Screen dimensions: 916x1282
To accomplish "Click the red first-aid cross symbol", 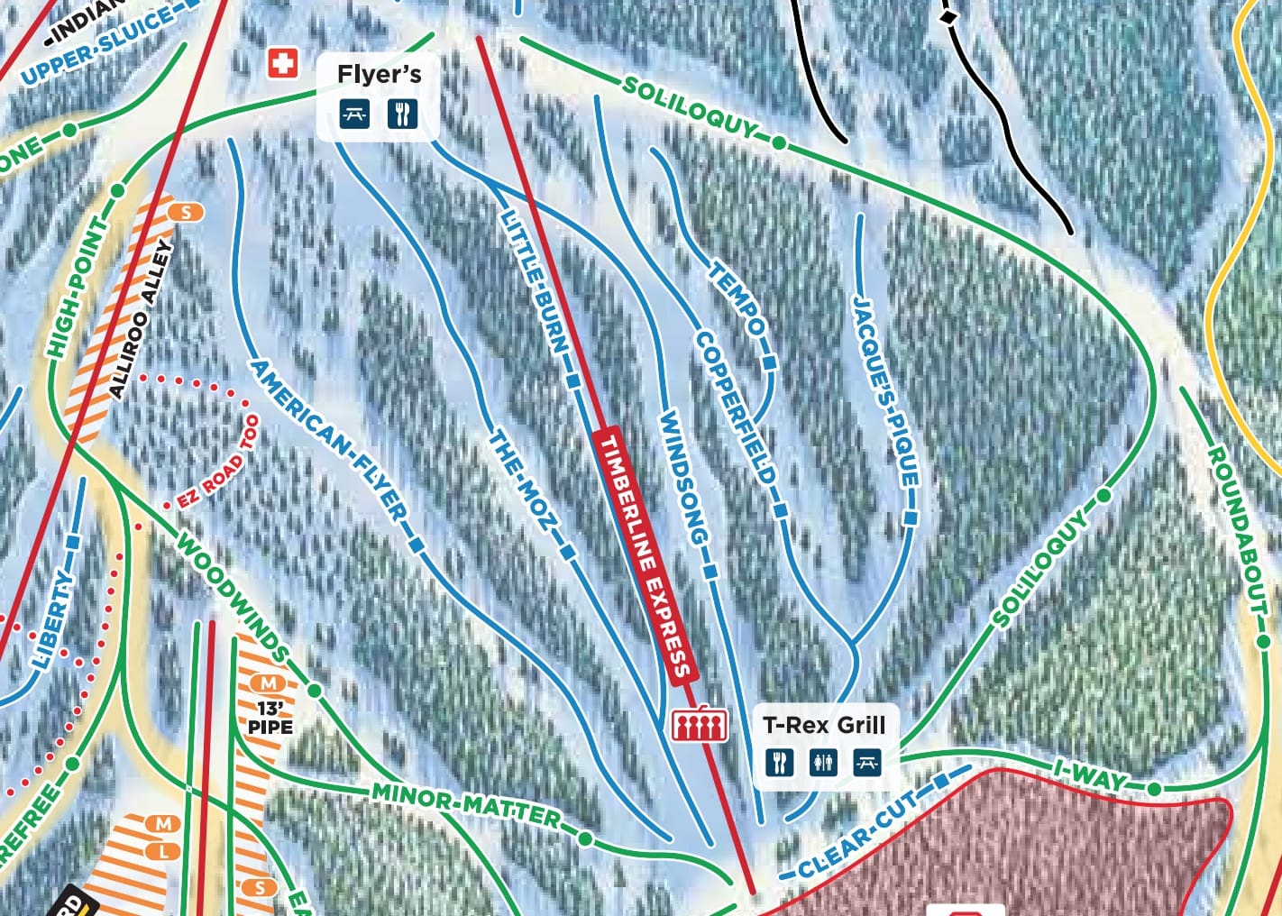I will pyautogui.click(x=283, y=63).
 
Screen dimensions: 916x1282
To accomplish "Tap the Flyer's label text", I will pyautogui.click(x=379, y=74).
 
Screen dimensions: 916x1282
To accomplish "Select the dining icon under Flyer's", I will pyautogui.click(x=402, y=114).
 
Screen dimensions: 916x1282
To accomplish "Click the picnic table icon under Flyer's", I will pyautogui.click(x=354, y=114).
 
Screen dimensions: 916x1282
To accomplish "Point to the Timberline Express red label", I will pyautogui.click(x=646, y=555).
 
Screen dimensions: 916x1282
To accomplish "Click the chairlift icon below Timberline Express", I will pyautogui.click(x=700, y=724).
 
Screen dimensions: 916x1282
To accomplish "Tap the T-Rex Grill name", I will pyautogui.click(x=824, y=725).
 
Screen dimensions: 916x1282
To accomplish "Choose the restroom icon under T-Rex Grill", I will pyautogui.click(x=823, y=763).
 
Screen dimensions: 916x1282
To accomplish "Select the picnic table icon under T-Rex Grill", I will pyautogui.click(x=867, y=763).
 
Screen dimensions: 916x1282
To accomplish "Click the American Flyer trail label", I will pyautogui.click(x=328, y=441).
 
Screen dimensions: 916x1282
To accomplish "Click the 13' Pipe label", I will pyautogui.click(x=270, y=717).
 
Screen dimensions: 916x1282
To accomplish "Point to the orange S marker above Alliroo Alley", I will pyautogui.click(x=187, y=212).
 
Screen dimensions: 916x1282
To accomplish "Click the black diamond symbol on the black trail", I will pyautogui.click(x=948, y=16).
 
